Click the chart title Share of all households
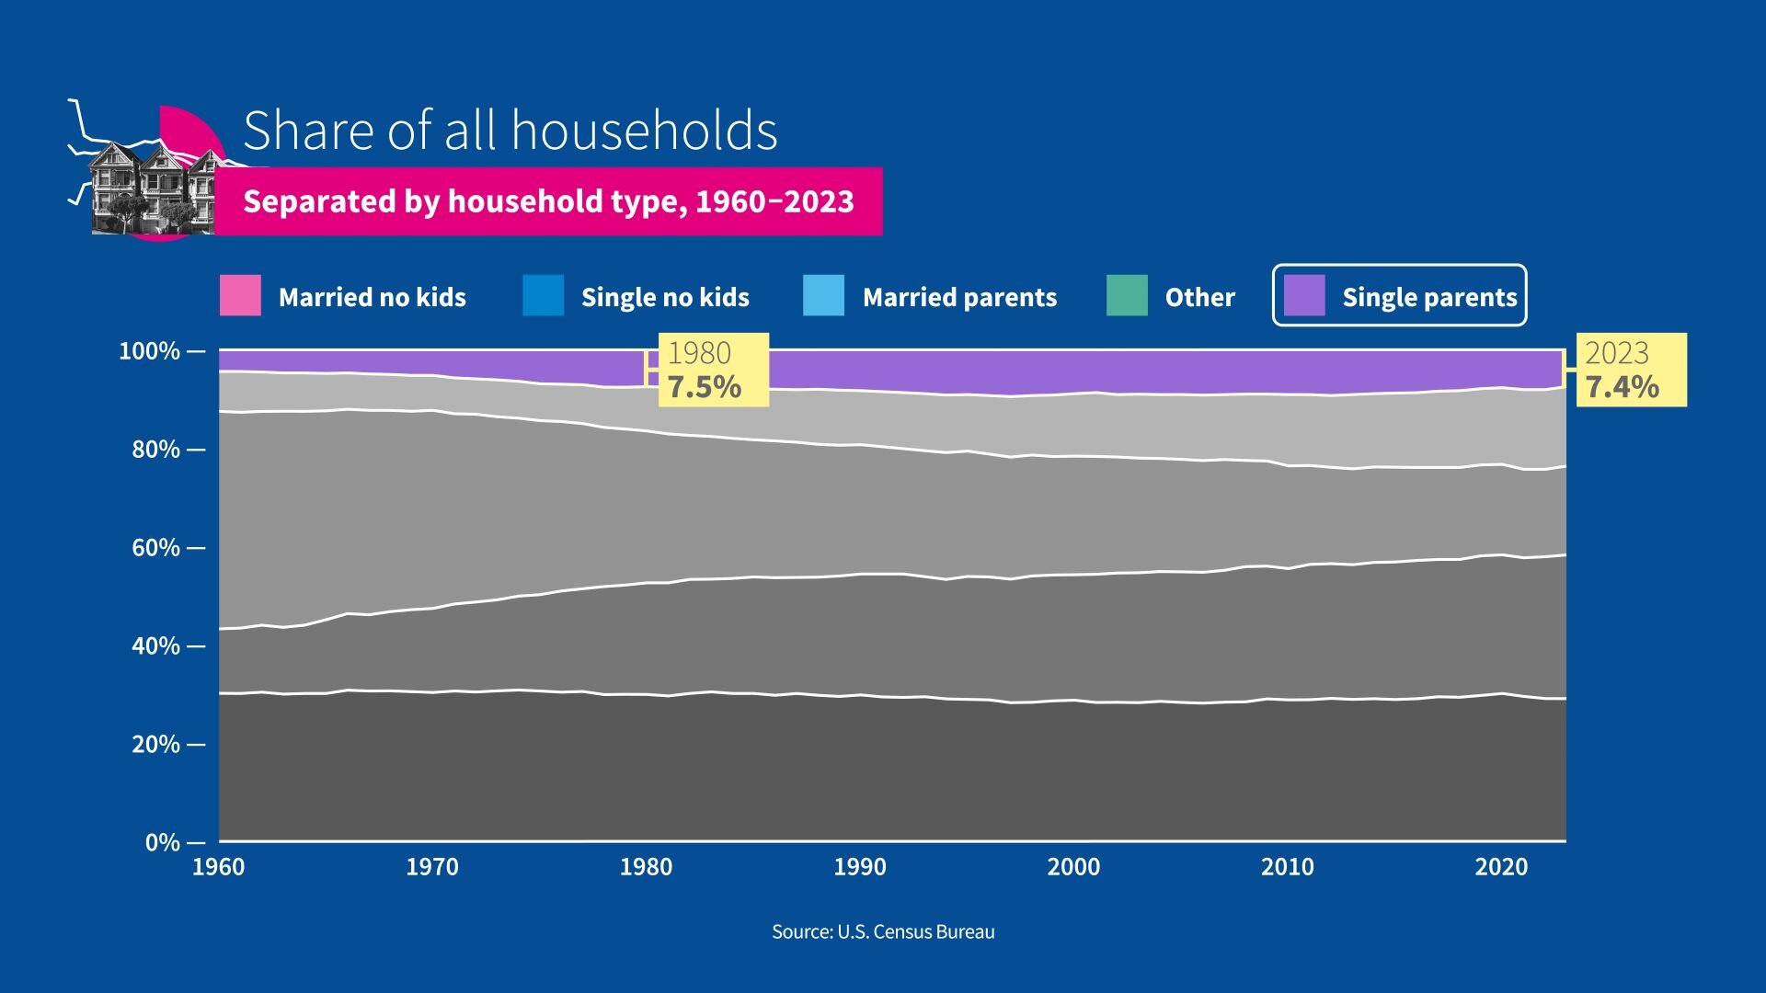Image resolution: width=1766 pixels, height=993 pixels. pyautogui.click(x=510, y=131)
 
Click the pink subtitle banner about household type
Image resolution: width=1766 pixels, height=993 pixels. pyautogui.click(x=548, y=201)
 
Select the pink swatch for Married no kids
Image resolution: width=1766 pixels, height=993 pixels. pyautogui.click(x=240, y=296)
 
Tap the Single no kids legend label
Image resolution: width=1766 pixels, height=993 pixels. pyautogui.click(x=665, y=297)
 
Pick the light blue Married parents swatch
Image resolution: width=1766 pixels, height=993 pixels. pyautogui.click(x=823, y=296)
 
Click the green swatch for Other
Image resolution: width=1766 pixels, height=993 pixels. pyautogui.click(x=1127, y=296)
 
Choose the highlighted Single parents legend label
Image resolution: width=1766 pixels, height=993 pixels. pyautogui.click(x=1429, y=297)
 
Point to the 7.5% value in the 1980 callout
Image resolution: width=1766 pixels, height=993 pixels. pyautogui.click(x=705, y=387)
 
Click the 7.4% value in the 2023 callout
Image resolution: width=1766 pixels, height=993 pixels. pyautogui.click(x=1623, y=387)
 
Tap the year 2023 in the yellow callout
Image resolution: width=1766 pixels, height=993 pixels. pyautogui.click(x=1617, y=353)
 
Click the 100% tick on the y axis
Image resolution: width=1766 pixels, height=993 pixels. pyautogui.click(x=150, y=351)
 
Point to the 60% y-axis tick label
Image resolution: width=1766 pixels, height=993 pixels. pyautogui.click(x=155, y=548)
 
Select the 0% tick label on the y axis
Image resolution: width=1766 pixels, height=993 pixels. pyautogui.click(x=163, y=842)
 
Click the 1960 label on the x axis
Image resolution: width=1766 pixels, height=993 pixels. pyautogui.click(x=219, y=867)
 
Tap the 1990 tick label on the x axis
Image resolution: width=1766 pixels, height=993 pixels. pyautogui.click(x=860, y=867)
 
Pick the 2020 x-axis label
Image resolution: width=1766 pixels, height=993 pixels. pyautogui.click(x=1501, y=867)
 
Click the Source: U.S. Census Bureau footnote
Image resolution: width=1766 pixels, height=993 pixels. pyautogui.click(x=883, y=932)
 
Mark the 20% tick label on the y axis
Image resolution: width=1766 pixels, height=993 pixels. pyautogui.click(x=155, y=744)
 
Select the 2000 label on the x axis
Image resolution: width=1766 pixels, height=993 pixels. pyautogui.click(x=1073, y=867)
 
